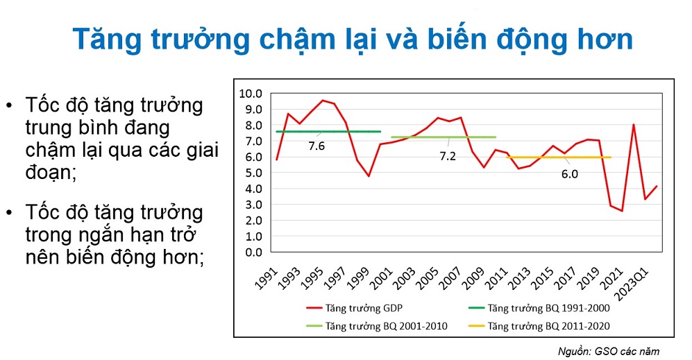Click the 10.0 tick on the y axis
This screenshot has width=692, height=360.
point(251,94)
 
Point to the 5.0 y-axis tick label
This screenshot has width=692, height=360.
point(253,173)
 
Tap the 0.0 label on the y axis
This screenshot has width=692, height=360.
point(253,252)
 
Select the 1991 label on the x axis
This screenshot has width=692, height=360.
point(267,278)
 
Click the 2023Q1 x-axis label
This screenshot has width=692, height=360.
point(633,284)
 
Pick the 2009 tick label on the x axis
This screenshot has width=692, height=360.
point(473,278)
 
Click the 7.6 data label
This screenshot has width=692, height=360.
point(317,146)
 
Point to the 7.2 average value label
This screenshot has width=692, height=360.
point(448,156)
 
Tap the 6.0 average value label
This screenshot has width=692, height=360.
point(569,174)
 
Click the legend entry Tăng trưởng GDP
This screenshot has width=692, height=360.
point(355,308)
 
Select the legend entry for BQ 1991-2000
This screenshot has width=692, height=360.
point(539,308)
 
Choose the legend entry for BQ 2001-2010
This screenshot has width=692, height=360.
point(377,326)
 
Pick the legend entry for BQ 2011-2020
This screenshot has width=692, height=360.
point(539,326)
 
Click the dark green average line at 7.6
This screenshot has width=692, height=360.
point(328,132)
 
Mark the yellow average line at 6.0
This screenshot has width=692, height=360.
point(558,157)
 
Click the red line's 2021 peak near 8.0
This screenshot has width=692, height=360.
point(634,124)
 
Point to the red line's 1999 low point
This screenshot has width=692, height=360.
point(369,176)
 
